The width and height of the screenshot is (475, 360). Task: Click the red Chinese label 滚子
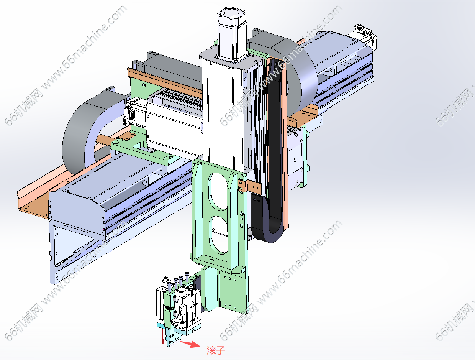point(216,350)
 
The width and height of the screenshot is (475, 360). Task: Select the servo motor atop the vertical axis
point(232,34)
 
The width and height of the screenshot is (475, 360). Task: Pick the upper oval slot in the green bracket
point(218,191)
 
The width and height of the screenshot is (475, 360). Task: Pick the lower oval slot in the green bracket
point(219,235)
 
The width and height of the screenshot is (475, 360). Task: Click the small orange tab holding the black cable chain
point(250,186)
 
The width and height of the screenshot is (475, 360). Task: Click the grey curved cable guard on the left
point(87,130)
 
